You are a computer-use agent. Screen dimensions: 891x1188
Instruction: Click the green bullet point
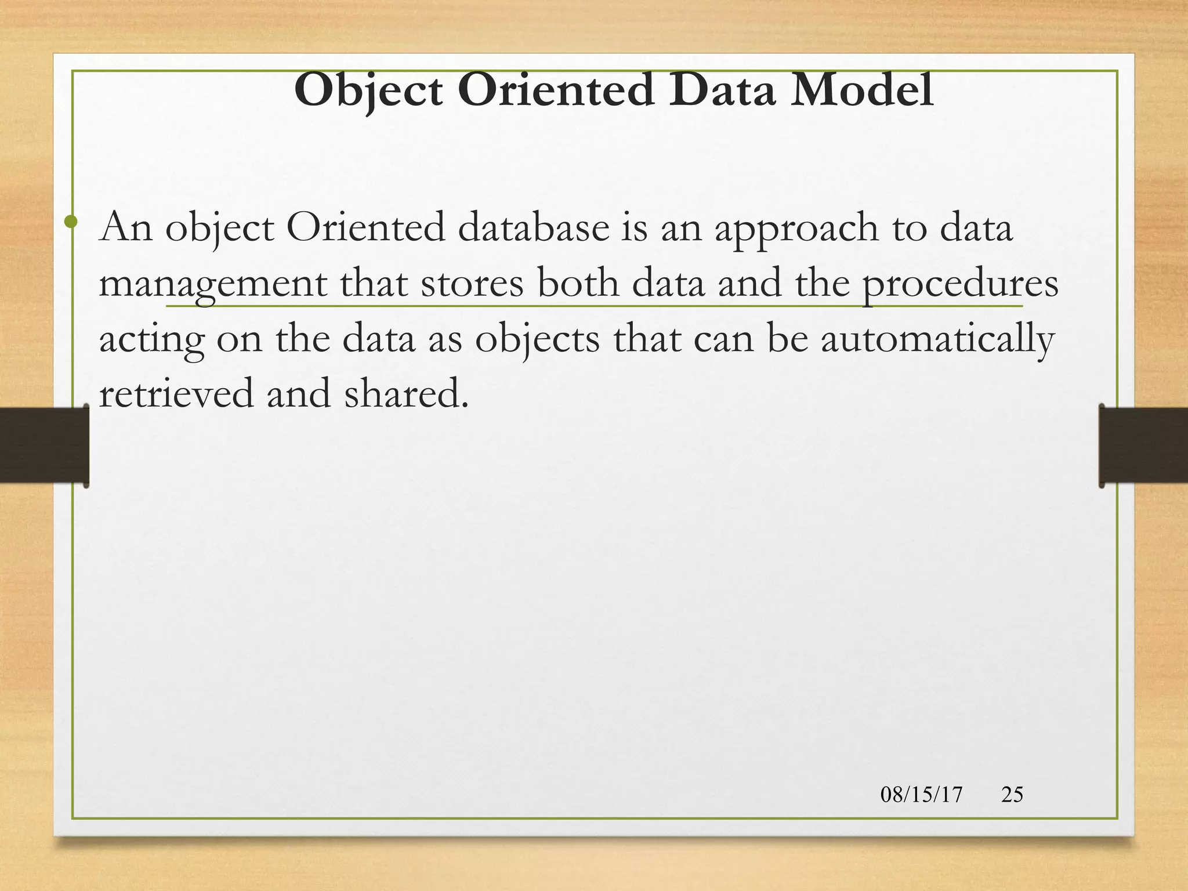click(x=71, y=221)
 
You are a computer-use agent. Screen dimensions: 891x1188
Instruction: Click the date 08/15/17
click(x=921, y=794)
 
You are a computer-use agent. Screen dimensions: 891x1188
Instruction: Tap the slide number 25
click(x=1012, y=794)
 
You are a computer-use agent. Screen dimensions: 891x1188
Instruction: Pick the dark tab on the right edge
click(x=1143, y=445)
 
